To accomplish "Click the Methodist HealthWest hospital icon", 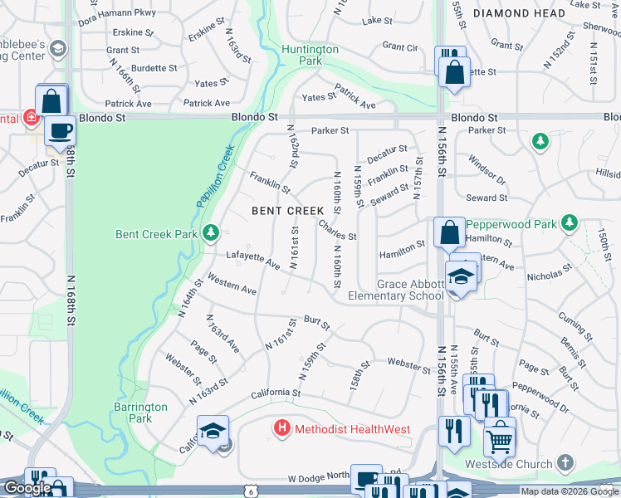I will tap(282, 428).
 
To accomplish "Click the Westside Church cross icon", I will tap(565, 462).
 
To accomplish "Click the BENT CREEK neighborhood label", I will tap(287, 211).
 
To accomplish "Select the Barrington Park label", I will tap(140, 413).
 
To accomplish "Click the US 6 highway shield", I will tap(250, 491).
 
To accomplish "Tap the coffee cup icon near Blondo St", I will tap(60, 131).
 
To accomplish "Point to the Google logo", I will tap(27, 488).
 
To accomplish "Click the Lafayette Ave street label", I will tap(252, 260).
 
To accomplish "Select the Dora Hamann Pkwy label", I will tap(115, 12).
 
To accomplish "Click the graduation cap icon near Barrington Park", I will tap(213, 431).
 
